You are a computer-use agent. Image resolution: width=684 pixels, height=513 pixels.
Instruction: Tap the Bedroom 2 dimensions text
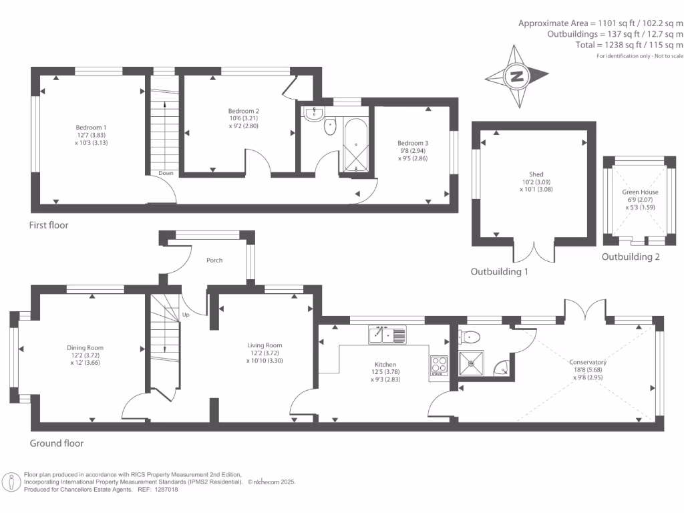click(244, 122)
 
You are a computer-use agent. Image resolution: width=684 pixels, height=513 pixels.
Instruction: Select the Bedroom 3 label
click(413, 143)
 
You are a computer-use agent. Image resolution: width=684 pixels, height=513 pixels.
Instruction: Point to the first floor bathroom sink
click(313, 114)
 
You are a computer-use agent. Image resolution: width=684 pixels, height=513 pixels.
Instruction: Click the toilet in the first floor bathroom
click(329, 126)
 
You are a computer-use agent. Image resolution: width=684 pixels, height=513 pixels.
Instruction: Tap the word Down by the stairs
click(166, 173)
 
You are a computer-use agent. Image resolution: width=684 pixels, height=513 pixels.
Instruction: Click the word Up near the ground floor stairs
click(186, 314)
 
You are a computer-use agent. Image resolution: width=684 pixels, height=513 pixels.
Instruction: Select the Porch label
click(214, 261)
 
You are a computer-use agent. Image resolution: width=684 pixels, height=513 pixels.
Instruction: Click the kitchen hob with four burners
click(440, 365)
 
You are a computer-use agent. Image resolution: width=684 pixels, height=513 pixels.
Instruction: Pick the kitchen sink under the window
click(387, 334)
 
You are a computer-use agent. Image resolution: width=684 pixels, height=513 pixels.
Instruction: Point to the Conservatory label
click(588, 362)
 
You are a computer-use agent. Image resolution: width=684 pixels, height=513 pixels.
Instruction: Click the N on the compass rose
click(517, 76)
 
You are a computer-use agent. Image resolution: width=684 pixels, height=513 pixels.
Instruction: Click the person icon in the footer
click(11, 481)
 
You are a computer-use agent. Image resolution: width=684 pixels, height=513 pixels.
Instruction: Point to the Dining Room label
click(85, 347)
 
